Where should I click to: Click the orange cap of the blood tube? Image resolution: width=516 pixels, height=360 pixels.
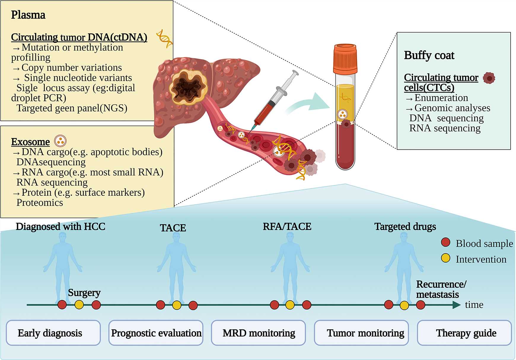pyautogui.click(x=345, y=59)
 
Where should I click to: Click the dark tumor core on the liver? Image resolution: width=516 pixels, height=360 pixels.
pyautogui.click(x=187, y=87)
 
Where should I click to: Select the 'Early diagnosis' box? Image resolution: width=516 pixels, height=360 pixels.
pyautogui.click(x=53, y=333)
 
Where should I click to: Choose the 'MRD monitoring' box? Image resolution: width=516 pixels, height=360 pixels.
pyautogui.click(x=258, y=333)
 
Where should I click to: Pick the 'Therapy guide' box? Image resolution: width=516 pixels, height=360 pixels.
pyautogui.click(x=464, y=333)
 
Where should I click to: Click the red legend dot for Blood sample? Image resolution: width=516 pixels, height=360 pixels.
pyautogui.click(x=445, y=242)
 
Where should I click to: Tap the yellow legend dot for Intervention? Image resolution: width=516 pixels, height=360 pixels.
pyautogui.click(x=445, y=258)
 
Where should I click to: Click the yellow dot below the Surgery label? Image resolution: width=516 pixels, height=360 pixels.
pyautogui.click(x=79, y=305)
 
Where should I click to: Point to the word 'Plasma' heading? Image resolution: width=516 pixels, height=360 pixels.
pyautogui.click(x=28, y=15)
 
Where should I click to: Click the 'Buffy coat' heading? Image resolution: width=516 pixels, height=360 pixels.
pyautogui.click(x=429, y=55)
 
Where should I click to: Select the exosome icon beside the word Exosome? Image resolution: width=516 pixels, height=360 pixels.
pyautogui.click(x=60, y=141)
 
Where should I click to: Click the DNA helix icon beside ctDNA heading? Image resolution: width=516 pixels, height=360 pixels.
pyautogui.click(x=165, y=39)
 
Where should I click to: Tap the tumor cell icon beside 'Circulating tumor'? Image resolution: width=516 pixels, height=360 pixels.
pyautogui.click(x=489, y=78)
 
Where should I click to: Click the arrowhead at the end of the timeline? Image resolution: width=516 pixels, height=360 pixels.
pyautogui.click(x=456, y=305)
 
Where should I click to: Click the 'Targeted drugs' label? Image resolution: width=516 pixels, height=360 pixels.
pyautogui.click(x=405, y=227)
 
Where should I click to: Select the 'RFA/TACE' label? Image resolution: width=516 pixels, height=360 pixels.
pyautogui.click(x=287, y=227)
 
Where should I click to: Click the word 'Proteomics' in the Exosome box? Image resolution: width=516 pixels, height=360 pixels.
pyautogui.click(x=40, y=203)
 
